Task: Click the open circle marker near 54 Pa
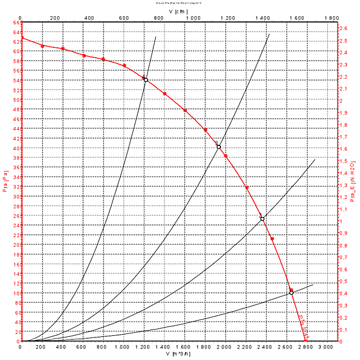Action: [145, 80]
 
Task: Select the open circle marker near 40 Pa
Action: [219, 147]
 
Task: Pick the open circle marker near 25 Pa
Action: [262, 219]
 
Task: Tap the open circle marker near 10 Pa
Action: [291, 292]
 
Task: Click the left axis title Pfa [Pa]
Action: [5, 181]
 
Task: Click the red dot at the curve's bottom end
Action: [306, 341]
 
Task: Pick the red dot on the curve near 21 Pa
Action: [272, 239]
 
